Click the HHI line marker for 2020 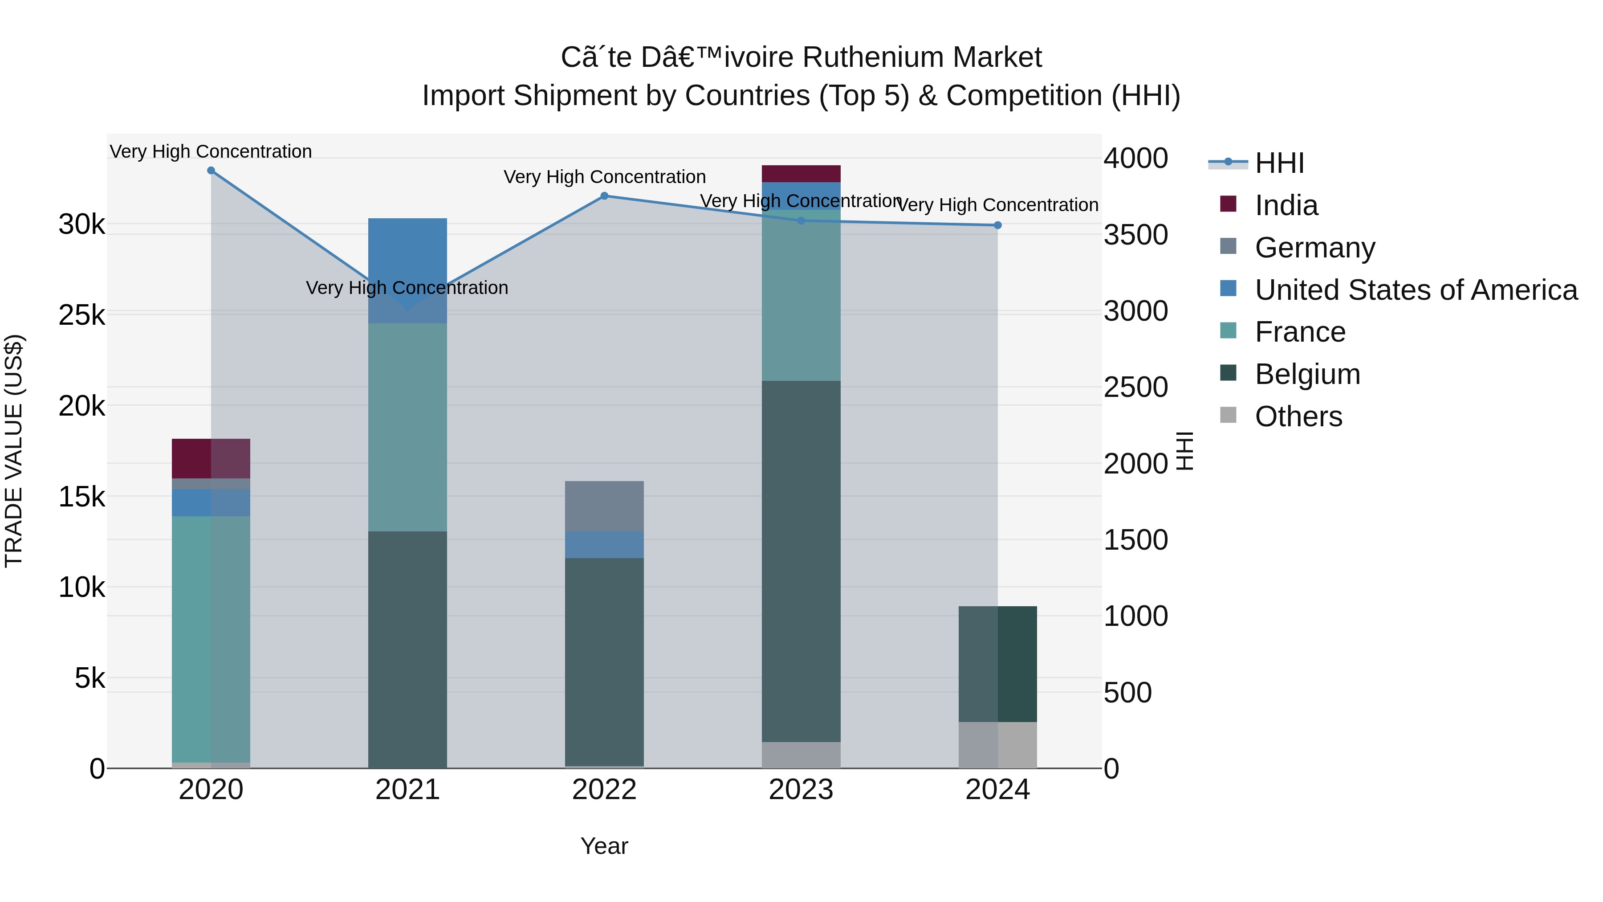tap(211, 171)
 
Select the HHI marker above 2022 tap(604, 196)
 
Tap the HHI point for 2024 tap(997, 225)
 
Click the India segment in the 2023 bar tap(801, 174)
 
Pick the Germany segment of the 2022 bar tap(604, 506)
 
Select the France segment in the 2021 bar tap(407, 427)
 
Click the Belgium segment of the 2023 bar tap(801, 560)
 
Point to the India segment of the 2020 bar tap(211, 458)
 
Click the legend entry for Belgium tap(1307, 374)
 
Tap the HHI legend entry tap(1279, 163)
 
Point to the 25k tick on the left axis tap(82, 315)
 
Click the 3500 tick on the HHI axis tap(1135, 235)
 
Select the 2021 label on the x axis tap(407, 790)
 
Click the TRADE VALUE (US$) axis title tap(14, 451)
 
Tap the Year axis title tap(604, 846)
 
